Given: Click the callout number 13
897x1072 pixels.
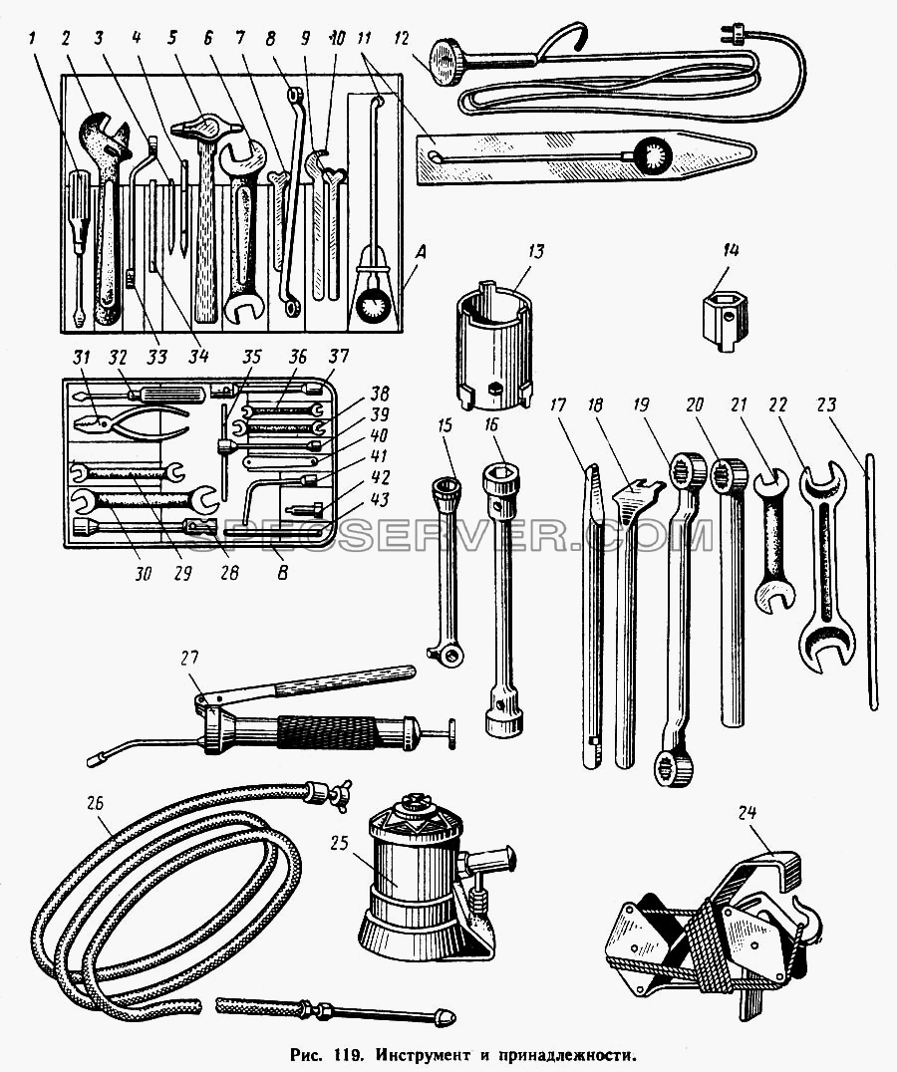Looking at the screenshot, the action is pyautogui.click(x=536, y=252).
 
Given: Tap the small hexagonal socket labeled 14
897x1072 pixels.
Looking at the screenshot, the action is pyautogui.click(x=727, y=317).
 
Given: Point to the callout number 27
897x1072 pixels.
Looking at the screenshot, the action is pyautogui.click(x=190, y=658).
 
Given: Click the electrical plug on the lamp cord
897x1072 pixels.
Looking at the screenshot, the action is pyautogui.click(x=731, y=33).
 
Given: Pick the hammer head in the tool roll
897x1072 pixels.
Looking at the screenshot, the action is pyautogui.click(x=205, y=129).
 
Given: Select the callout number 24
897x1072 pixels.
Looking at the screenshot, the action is pyautogui.click(x=747, y=812).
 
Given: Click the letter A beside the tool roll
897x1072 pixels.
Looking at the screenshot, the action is pyautogui.click(x=421, y=253).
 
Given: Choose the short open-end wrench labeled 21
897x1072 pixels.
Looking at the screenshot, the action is pyautogui.click(x=774, y=539).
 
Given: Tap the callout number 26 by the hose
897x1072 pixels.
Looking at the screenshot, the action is pyautogui.click(x=95, y=802).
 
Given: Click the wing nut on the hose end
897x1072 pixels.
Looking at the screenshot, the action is pyautogui.click(x=341, y=793).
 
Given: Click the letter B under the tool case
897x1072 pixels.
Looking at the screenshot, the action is pyautogui.click(x=283, y=572).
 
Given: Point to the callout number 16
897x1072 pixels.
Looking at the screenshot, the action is pyautogui.click(x=491, y=425).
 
